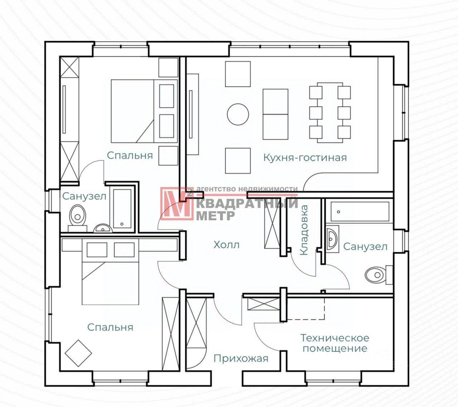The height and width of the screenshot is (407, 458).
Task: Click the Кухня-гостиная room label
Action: point(305,157)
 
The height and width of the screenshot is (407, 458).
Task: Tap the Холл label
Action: point(226,245)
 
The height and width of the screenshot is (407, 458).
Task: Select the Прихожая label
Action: point(241,358)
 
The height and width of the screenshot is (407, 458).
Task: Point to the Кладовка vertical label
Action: point(304,230)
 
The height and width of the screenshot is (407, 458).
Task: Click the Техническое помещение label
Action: point(335,343)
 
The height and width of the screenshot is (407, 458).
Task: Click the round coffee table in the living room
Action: point(238,114)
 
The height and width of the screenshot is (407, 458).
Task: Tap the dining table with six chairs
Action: point(330,112)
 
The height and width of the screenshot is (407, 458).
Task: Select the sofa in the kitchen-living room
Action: point(276,114)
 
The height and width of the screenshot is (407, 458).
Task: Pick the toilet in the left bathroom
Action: point(77,215)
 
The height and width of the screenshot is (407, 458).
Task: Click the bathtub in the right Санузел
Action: point(360,211)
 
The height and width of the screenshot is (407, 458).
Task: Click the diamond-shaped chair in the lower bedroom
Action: point(78,353)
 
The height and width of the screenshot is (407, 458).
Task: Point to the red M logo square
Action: point(176,203)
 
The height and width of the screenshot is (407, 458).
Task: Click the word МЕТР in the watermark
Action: point(216,215)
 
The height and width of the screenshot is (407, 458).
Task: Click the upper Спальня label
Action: point(130,155)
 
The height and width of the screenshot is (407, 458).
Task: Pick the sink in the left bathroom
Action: point(103,228)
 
